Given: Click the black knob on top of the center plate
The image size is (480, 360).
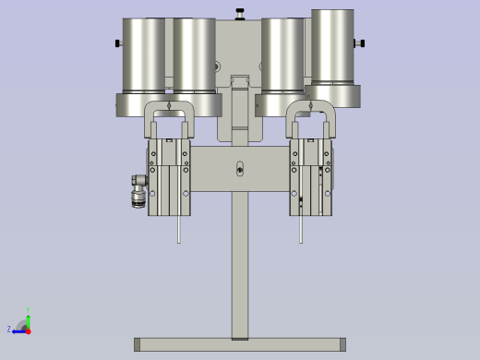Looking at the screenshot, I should click(x=240, y=14).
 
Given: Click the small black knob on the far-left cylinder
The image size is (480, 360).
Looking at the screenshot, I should click(x=118, y=43).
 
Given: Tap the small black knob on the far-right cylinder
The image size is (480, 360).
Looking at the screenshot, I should click(x=361, y=42).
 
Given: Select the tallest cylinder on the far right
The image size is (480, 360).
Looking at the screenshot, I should click(x=332, y=46).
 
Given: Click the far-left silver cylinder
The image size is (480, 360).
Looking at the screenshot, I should click(x=144, y=55).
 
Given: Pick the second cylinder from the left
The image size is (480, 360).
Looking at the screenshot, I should click(x=195, y=55).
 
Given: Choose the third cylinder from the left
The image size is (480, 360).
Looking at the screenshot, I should click(x=282, y=55).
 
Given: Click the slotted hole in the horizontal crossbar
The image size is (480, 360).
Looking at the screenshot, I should click(x=240, y=169).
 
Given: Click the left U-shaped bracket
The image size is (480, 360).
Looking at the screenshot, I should click(x=167, y=117).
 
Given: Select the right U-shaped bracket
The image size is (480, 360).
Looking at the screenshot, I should click(x=310, y=117).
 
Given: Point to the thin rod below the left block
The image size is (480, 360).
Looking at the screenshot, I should click(x=178, y=229).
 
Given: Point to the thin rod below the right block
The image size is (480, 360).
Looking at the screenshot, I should click(x=301, y=229).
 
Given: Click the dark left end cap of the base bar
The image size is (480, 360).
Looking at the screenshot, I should click(x=138, y=344).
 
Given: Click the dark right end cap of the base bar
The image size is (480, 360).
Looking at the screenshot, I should click(x=342, y=344).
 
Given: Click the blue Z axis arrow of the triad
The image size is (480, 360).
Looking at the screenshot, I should click(x=17, y=330).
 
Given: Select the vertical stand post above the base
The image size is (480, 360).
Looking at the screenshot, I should click(x=240, y=268).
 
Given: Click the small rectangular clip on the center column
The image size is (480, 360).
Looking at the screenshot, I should click(x=240, y=84).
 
